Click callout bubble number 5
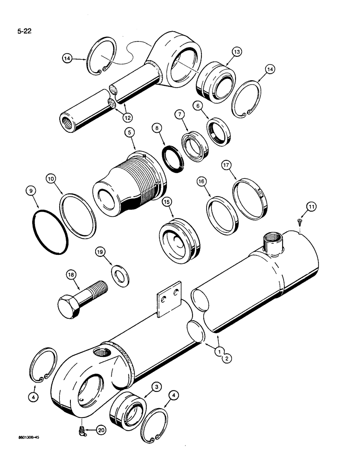coord(129,133)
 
